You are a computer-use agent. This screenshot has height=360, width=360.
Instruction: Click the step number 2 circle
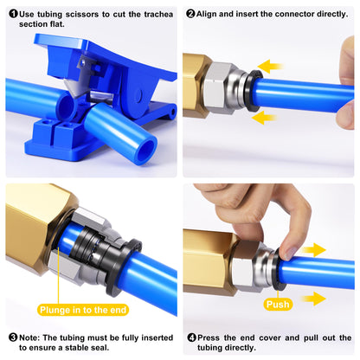(190, 15)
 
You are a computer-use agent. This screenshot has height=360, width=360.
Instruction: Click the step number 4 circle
(190, 337)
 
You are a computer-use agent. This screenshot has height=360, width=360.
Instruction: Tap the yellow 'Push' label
(278, 304)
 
